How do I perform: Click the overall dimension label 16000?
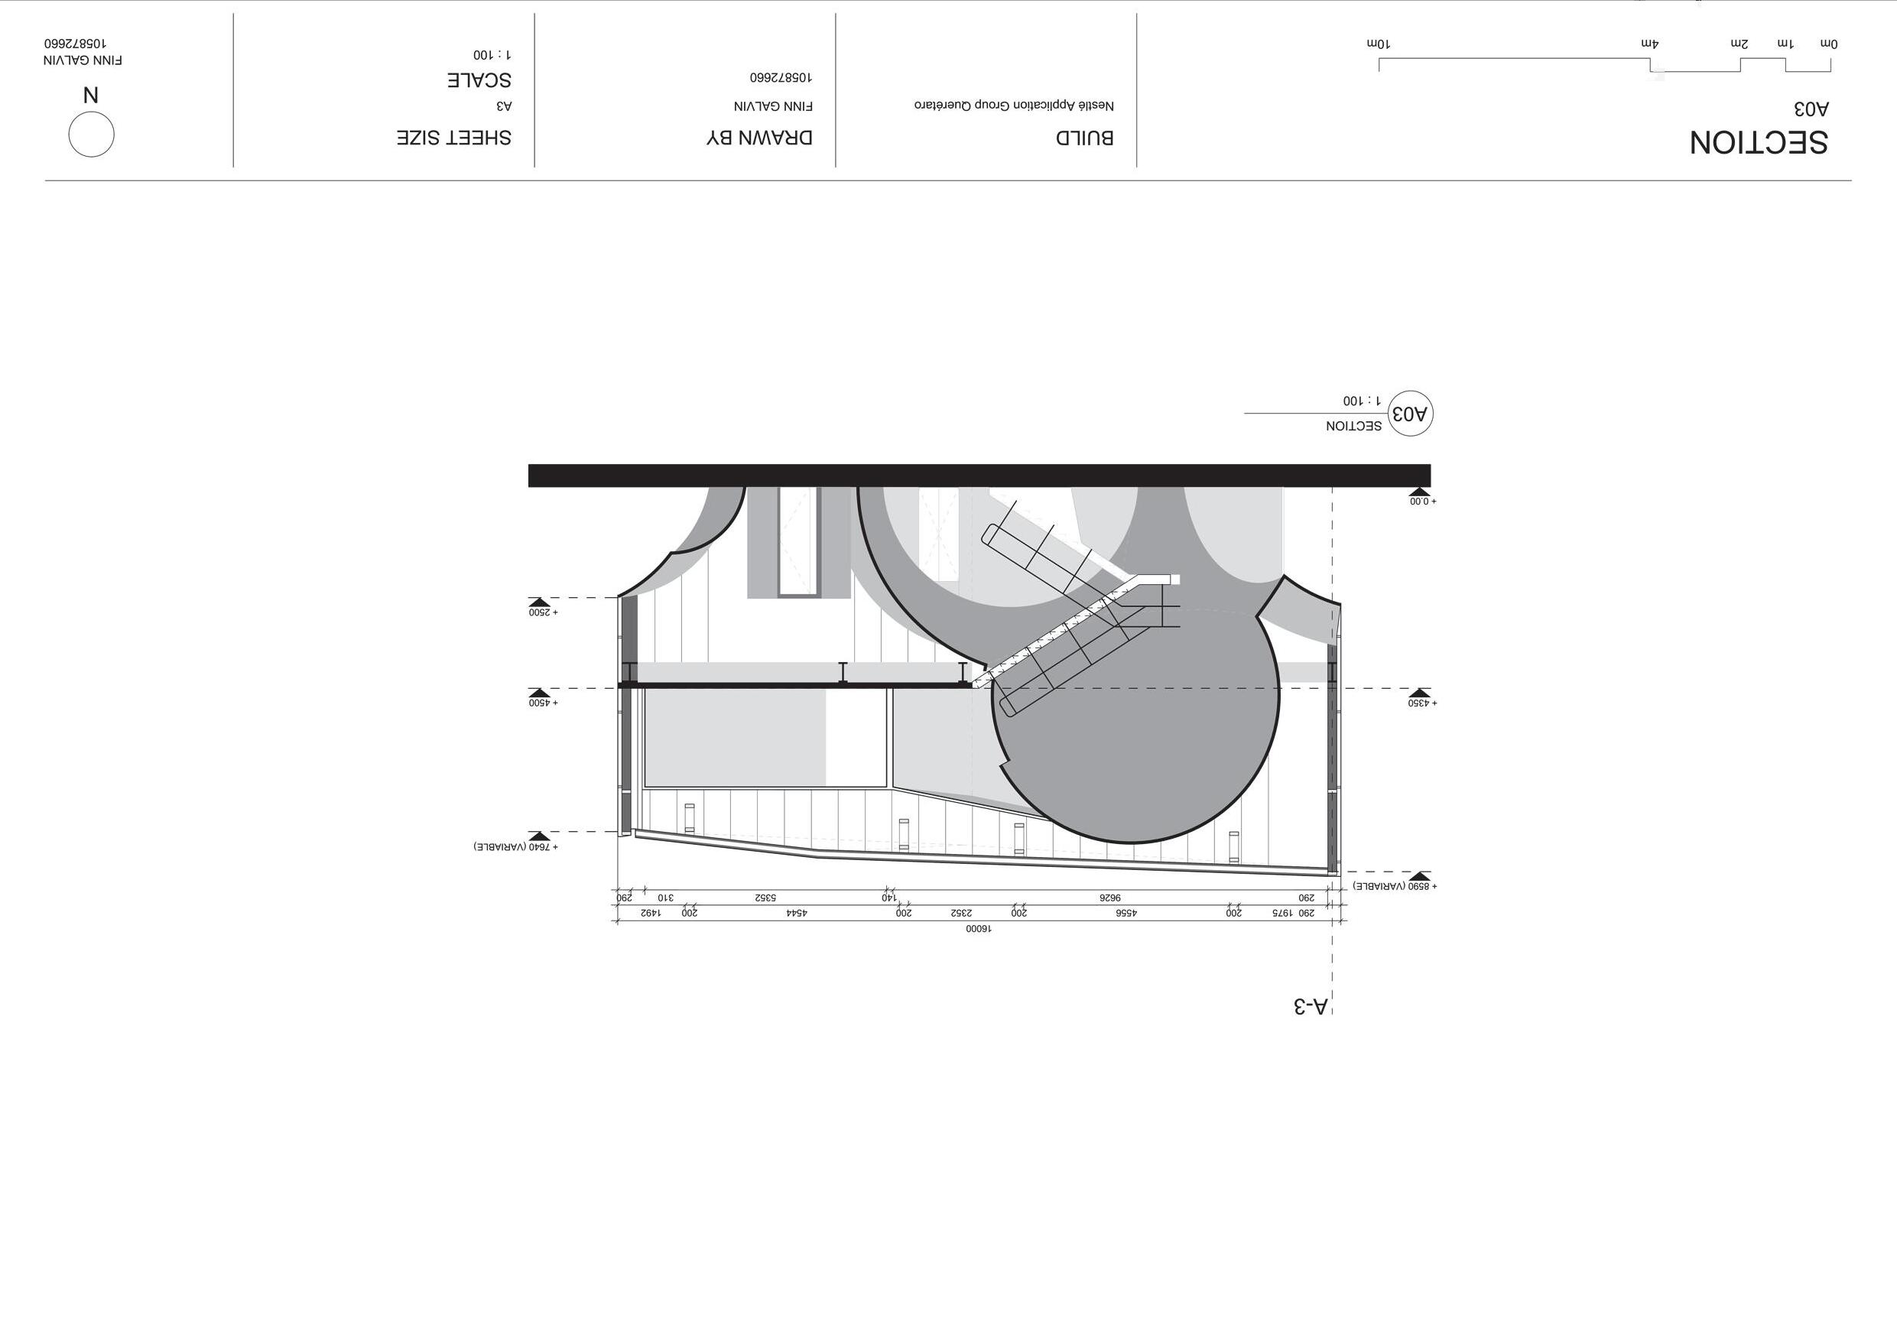pyautogui.click(x=978, y=929)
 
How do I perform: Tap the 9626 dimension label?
pyautogui.click(x=1109, y=898)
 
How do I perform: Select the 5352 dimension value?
pyautogui.click(x=765, y=898)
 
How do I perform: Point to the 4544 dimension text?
pyautogui.click(x=797, y=913)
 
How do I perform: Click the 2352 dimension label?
pyautogui.click(x=961, y=913)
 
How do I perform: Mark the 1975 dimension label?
pyautogui.click(x=1281, y=913)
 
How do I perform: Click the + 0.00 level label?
pyautogui.click(x=1423, y=502)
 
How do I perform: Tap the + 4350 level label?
pyautogui.click(x=1423, y=703)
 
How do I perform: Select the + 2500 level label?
pyautogui.click(x=544, y=612)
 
